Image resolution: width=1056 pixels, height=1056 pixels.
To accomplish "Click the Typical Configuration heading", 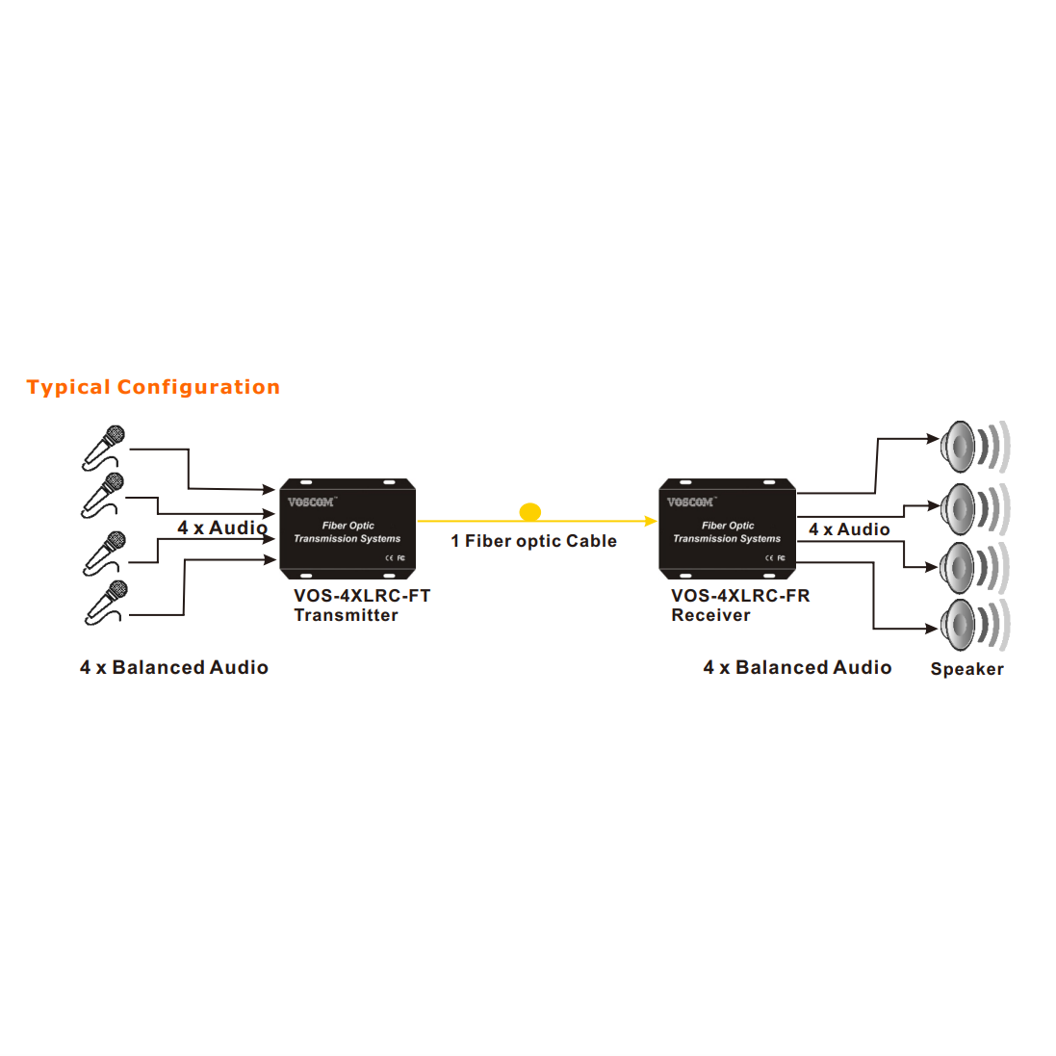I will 153,387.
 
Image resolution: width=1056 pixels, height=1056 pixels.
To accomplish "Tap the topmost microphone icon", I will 104,447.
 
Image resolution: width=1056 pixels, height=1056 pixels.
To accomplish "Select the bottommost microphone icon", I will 105,602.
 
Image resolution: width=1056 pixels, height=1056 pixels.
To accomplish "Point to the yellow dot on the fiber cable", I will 529,512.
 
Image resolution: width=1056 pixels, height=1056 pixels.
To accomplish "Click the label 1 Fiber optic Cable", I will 533,541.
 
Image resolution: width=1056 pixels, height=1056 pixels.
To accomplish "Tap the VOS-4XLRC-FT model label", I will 362,596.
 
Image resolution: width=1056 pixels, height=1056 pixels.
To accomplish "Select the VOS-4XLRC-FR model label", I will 740,596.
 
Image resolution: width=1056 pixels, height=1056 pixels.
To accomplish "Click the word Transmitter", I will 346,616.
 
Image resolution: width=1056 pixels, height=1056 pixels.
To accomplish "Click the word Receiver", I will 710,616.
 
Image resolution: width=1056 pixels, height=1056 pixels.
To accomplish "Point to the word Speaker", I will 966,669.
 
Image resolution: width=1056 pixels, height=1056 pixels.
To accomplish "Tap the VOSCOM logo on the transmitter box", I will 311,502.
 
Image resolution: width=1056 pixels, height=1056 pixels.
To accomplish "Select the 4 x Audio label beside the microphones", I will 221,528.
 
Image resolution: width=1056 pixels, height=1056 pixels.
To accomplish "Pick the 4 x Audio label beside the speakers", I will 848,529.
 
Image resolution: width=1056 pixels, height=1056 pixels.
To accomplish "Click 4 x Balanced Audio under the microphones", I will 174,667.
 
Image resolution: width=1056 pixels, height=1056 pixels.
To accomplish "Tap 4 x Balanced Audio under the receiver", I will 797,667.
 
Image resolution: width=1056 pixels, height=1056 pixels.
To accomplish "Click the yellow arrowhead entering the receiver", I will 652,521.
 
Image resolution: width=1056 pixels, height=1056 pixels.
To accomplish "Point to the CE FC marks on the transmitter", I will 395,558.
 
